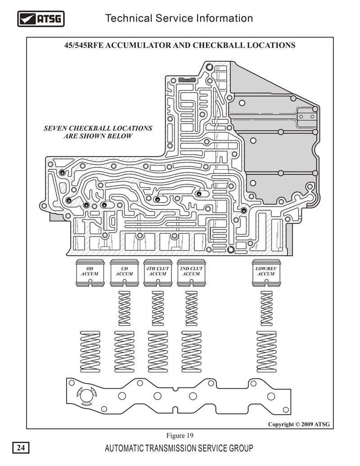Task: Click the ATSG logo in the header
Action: [40, 19]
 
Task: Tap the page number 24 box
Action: [21, 448]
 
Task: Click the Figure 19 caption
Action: [180, 435]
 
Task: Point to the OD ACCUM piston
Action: [90, 273]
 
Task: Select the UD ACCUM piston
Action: [124, 273]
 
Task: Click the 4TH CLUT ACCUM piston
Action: [157, 273]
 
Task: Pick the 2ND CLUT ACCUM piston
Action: [191, 273]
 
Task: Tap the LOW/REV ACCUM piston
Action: [266, 273]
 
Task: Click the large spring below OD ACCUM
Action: [90, 351]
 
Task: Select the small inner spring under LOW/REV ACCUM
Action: [266, 308]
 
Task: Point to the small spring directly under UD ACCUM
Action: [125, 308]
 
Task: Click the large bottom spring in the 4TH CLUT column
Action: [157, 351]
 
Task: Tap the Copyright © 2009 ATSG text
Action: [299, 424]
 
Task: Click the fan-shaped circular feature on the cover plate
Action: [86, 397]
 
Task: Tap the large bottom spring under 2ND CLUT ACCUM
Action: [191, 351]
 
